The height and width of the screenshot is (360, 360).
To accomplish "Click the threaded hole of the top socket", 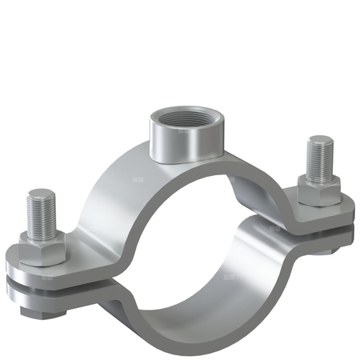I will point(180,125).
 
